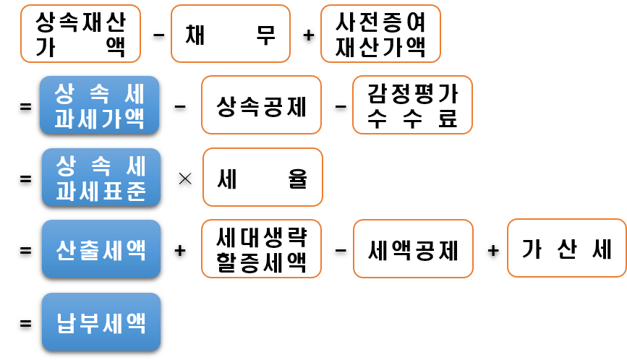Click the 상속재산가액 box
[80, 34]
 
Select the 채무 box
[230, 34]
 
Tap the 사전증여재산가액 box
[380, 34]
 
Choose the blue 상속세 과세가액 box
[99, 105]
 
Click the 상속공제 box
[261, 106]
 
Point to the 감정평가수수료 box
[412, 105]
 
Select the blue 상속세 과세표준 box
[101, 178]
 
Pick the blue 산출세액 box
[101, 249]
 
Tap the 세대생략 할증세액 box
[261, 249]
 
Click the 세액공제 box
[413, 249]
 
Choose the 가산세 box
[566, 249]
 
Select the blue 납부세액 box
[101, 322]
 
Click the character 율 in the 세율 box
[298, 178]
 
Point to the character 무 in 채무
[265, 34]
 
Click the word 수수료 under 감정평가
[412, 119]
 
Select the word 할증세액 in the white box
[261, 262]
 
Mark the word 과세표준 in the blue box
[101, 191]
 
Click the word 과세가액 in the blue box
[99, 118]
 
